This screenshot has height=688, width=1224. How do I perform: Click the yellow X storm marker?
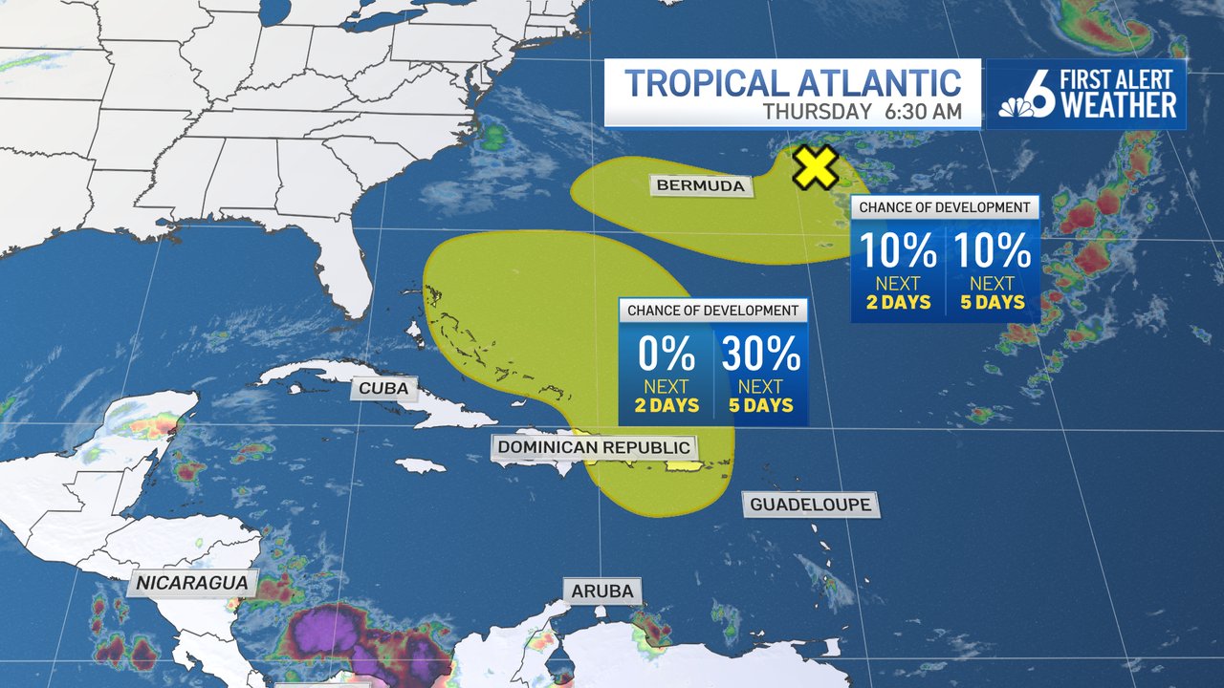point(815,167)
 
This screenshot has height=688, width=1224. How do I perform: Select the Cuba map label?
point(384,388)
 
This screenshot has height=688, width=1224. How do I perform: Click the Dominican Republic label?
point(594,446)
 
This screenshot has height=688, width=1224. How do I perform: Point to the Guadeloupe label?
point(810,504)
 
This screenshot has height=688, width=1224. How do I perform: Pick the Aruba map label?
point(602,591)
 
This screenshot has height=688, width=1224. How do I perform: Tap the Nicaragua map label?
point(192,582)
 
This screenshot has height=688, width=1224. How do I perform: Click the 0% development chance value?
point(667,355)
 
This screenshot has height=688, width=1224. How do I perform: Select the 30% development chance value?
point(761,355)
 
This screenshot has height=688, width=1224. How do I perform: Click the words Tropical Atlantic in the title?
point(793,82)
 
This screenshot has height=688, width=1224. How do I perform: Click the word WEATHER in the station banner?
point(1119,105)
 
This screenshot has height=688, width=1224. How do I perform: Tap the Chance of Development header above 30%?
point(712,311)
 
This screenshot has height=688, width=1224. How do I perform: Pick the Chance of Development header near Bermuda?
point(944,207)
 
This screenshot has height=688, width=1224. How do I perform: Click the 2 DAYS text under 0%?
point(667,405)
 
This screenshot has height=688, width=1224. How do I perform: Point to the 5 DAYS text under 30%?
point(761,405)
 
